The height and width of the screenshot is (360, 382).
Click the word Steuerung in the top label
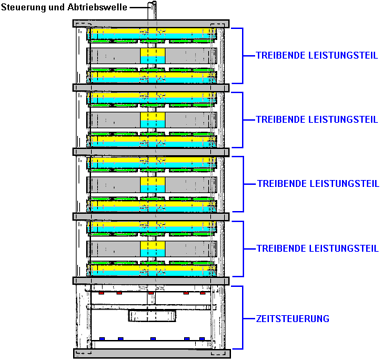pyautogui.click(x=23, y=8)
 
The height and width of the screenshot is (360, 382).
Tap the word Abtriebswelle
pyautogui.click(x=97, y=7)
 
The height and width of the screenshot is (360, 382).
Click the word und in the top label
pyautogui.click(x=57, y=8)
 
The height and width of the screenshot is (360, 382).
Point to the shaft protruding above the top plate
pyautogui.click(x=152, y=11)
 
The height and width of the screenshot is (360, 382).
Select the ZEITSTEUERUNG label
pyautogui.click(x=292, y=319)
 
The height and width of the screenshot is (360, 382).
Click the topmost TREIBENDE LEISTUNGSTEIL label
pyautogui.click(x=316, y=55)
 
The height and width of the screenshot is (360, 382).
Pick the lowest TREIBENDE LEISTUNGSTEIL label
pyautogui.click(x=317, y=248)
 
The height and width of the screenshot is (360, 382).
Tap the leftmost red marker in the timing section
pyautogui.click(x=101, y=293)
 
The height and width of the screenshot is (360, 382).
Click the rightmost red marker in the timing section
pyautogui.click(x=203, y=293)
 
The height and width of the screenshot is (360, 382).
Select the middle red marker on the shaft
pyautogui.click(x=151, y=293)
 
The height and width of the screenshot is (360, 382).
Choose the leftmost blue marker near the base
pyautogui.click(x=102, y=339)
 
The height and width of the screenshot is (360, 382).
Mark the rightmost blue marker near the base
pyautogui.click(x=202, y=339)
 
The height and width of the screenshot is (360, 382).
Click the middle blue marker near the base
pyautogui.click(x=153, y=339)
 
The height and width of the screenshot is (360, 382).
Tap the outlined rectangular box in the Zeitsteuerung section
pyautogui.click(x=152, y=316)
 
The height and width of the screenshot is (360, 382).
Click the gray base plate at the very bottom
pyautogui.click(x=152, y=353)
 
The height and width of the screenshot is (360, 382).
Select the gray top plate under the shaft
pyautogui.click(x=151, y=23)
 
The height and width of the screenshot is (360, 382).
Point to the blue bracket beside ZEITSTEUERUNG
pyautogui.click(x=243, y=318)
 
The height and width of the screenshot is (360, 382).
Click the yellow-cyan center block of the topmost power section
pyautogui.click(x=153, y=56)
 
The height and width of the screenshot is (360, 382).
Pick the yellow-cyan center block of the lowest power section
pyautogui.click(x=153, y=249)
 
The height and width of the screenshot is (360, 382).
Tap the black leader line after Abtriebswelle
pyautogui.click(x=139, y=8)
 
